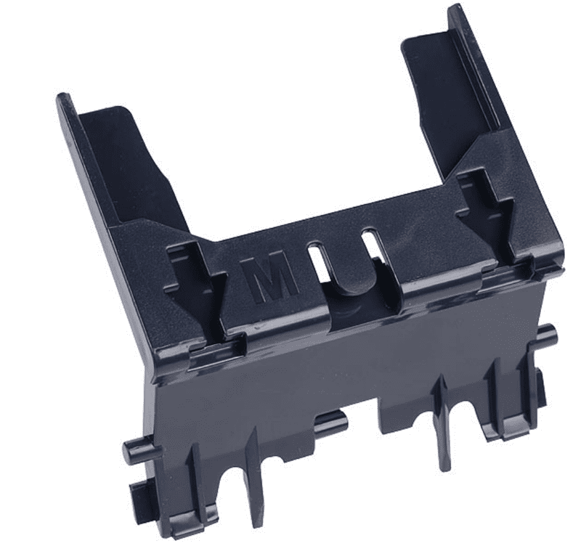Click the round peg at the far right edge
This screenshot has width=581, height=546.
[x=546, y=335]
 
